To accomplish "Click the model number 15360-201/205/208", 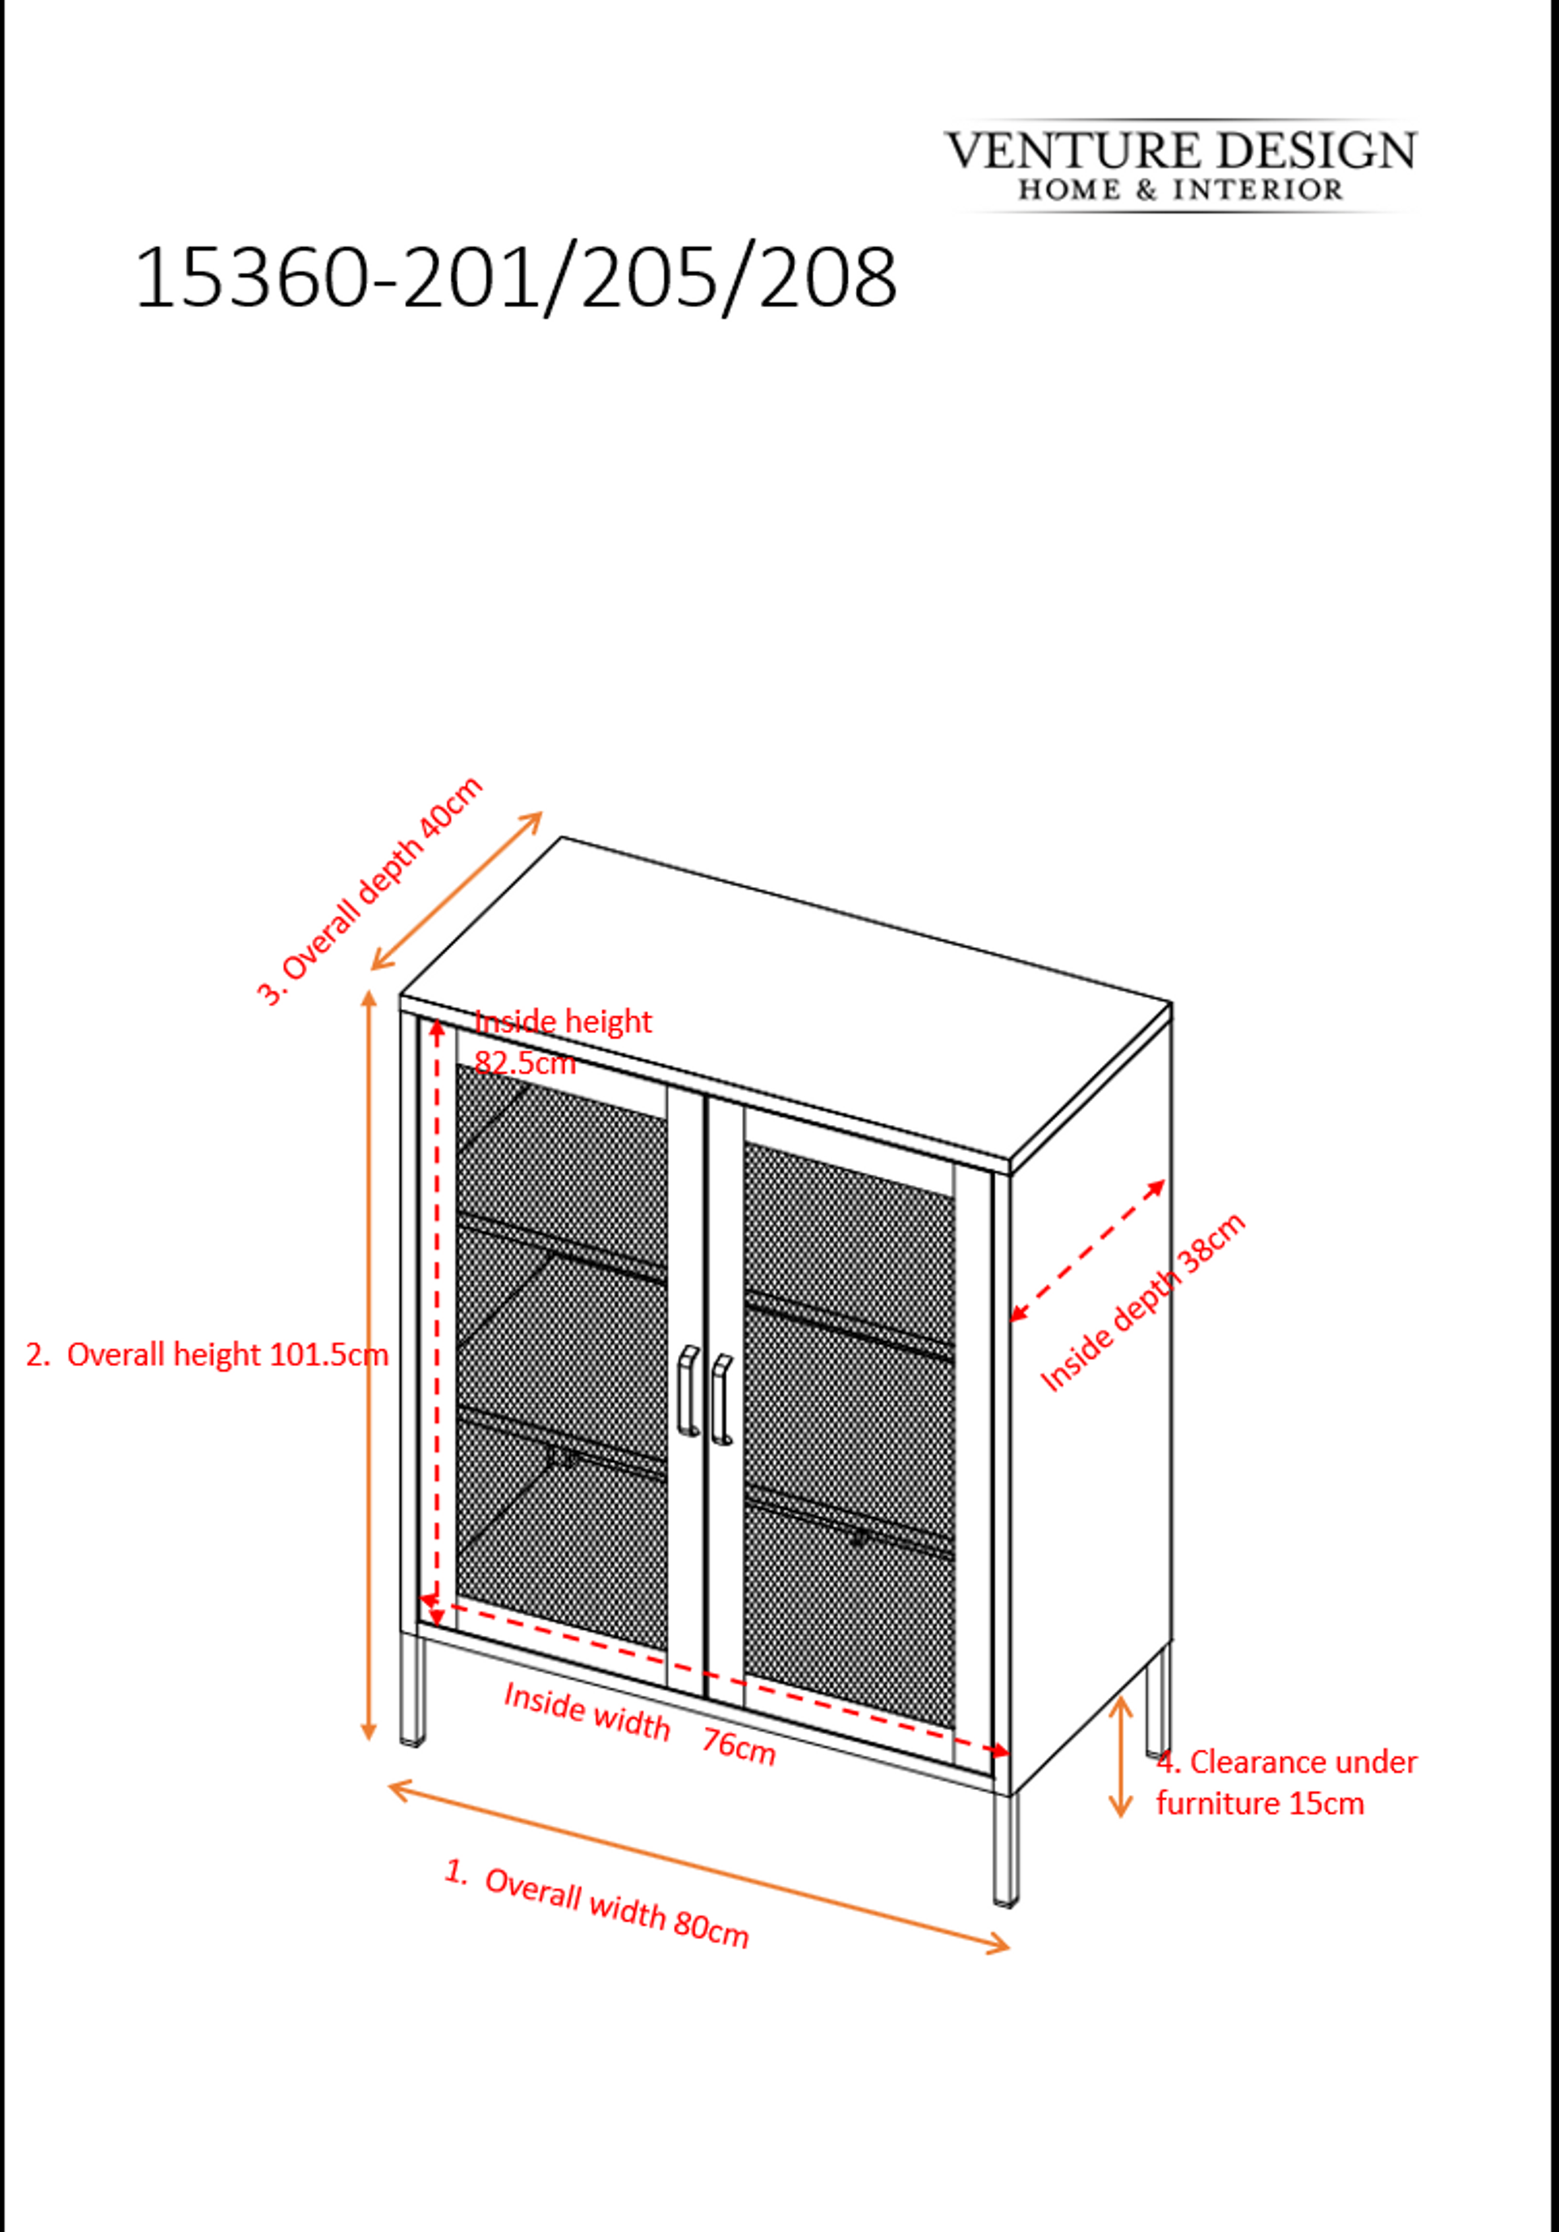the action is click(515, 279).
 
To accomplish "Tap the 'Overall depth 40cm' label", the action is click(369, 890).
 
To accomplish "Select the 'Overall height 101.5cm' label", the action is click(207, 1355).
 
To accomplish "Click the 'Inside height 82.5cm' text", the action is click(563, 1042).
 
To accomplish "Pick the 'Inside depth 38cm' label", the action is click(1143, 1302).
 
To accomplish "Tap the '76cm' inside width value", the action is click(739, 1746).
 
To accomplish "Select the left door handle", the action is click(688, 1391).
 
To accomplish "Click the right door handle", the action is click(721, 1399).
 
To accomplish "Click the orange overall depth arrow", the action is click(456, 890).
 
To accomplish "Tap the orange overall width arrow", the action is click(699, 1866).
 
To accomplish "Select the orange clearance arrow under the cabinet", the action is click(1121, 1756).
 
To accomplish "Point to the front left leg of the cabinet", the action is click(413, 1689).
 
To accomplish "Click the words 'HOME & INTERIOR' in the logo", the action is click(1181, 189).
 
